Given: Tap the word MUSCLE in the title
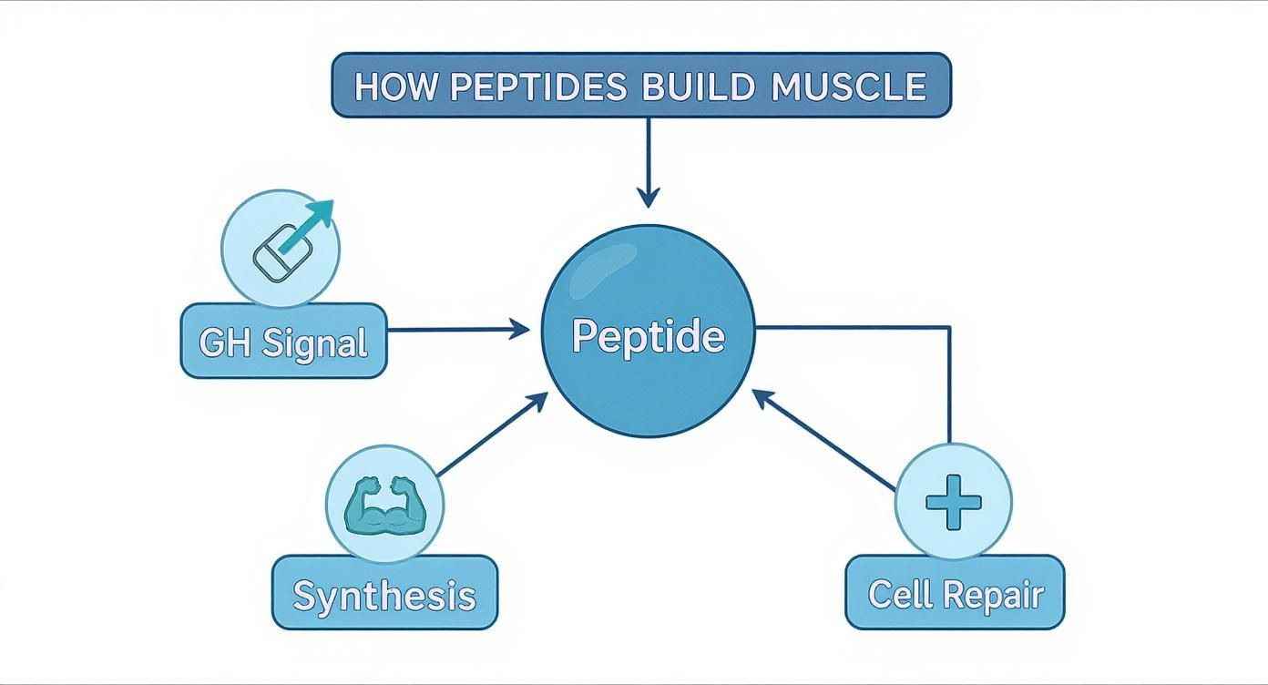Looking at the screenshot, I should (x=848, y=87).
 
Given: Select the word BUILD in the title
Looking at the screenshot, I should (x=699, y=87).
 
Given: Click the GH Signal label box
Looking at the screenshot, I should (x=283, y=342).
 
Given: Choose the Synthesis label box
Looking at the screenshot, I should (x=384, y=594).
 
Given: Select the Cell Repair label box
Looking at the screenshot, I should (x=955, y=593).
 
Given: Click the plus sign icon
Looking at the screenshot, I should (x=953, y=502).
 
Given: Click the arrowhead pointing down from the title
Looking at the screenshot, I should (x=648, y=197).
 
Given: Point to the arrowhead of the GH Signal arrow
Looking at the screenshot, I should (x=519, y=329).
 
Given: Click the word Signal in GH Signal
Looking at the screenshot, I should (x=314, y=342).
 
